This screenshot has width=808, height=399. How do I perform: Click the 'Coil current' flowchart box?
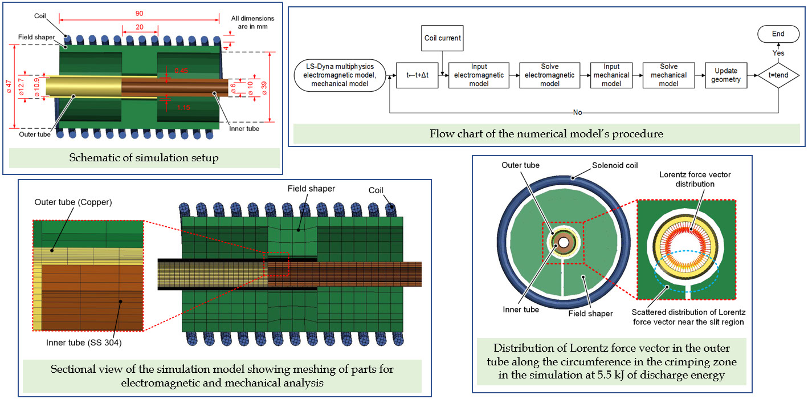443,38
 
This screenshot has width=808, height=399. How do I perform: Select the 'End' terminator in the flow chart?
778,34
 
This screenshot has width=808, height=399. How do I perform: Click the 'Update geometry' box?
727,75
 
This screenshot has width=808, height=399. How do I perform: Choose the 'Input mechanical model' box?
611,75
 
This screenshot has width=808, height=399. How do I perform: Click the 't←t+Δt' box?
418,75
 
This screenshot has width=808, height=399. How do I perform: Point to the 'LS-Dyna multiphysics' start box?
338,75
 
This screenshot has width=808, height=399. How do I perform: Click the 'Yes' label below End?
778,53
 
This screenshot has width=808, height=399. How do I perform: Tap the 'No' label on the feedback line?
578,112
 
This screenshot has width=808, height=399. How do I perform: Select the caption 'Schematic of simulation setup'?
144,158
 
